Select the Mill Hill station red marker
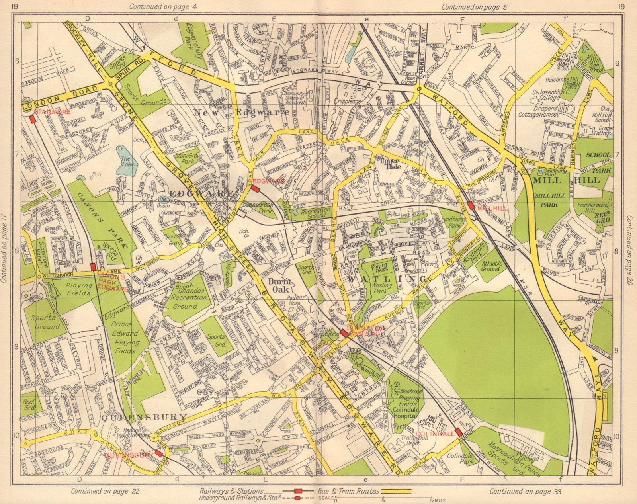click(471, 205)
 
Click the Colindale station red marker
click(459, 432)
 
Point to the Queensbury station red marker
click(159, 453)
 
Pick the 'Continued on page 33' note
click(525, 491)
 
